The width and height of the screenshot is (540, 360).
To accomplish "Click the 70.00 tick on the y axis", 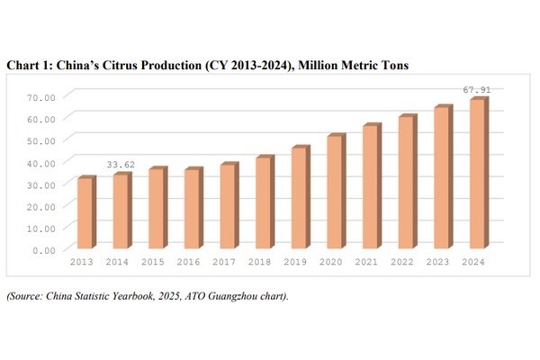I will (42, 96).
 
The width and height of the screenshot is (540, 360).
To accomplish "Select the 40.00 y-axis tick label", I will (42, 162).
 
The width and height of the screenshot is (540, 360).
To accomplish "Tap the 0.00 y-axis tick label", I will (45, 249).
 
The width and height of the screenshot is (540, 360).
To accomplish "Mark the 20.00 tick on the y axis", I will (42, 205).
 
